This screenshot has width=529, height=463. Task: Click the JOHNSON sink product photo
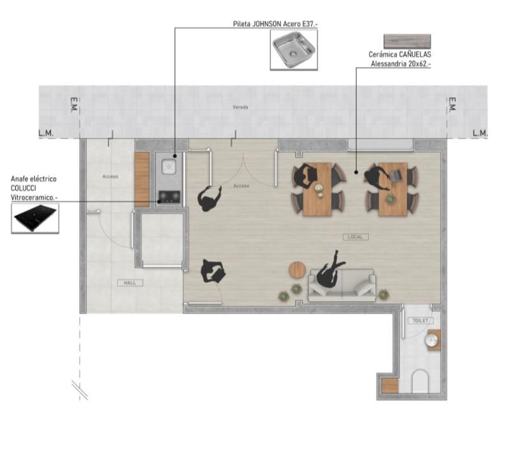[x=294, y=50]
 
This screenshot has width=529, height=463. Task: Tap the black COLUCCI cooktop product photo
[x=35, y=218]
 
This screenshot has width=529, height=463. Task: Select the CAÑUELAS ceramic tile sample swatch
[x=407, y=42]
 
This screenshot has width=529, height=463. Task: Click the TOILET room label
[x=420, y=321]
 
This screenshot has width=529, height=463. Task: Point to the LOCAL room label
[x=356, y=237]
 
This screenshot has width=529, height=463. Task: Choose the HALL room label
[x=130, y=283]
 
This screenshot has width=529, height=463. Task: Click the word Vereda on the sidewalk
[x=240, y=107]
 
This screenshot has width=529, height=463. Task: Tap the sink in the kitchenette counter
[x=169, y=167]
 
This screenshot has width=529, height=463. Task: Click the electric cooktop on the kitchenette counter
[x=169, y=197]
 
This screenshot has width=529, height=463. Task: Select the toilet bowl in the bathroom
[x=420, y=381]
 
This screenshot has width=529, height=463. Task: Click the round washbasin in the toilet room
[x=431, y=340]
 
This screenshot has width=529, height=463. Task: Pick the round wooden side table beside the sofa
[x=297, y=270]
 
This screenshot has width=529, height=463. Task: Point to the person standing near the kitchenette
[x=210, y=198]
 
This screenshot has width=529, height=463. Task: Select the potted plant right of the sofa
[x=383, y=294]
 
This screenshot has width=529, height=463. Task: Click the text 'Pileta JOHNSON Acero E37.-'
[x=275, y=24]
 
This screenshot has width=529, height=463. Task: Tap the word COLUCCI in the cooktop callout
[x=23, y=188]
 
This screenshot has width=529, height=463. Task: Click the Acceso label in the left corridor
[x=111, y=176]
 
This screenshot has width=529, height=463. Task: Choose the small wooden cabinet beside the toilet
[x=390, y=386]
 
